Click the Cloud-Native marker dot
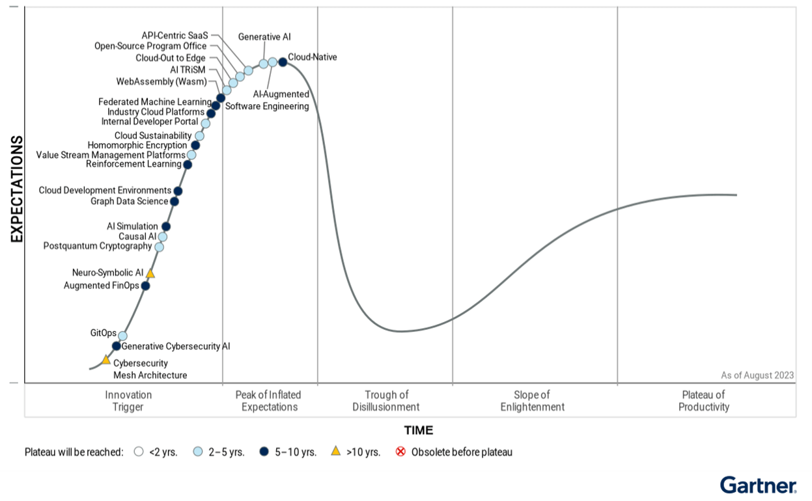[x=283, y=62]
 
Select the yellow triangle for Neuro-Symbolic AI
[x=150, y=274]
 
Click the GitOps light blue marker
[x=122, y=336]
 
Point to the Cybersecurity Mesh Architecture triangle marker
[x=106, y=360]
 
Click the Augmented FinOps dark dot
[x=145, y=286]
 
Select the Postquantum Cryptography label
[x=97, y=246]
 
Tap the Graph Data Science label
[x=130, y=201]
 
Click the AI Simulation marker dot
[x=165, y=226]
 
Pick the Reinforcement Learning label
[x=133, y=164]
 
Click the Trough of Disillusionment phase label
[x=385, y=401]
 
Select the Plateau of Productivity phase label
[x=703, y=401]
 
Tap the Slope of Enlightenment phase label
[x=532, y=401]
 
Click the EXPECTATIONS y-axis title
[x=17, y=189]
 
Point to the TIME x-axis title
[x=418, y=430]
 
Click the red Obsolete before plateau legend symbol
[x=401, y=452]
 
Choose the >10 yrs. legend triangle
[x=336, y=451]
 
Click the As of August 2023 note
[x=757, y=375]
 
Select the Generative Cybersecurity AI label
[x=176, y=346]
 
